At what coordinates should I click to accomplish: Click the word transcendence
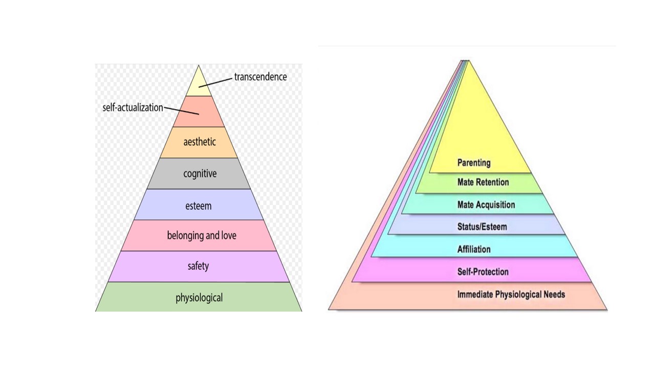[260, 77]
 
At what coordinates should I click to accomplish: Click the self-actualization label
[133, 108]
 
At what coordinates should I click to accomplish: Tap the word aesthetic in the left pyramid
[200, 142]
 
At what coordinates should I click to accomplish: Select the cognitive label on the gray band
[200, 174]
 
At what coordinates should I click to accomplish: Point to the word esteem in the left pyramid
[199, 206]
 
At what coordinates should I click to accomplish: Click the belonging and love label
[202, 236]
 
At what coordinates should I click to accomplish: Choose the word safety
[198, 266]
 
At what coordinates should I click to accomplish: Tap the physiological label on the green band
[199, 298]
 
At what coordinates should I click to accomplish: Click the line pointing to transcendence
[218, 80]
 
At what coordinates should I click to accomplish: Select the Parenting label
[474, 163]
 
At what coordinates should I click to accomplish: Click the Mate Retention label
[483, 182]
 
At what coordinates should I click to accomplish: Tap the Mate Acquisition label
[486, 205]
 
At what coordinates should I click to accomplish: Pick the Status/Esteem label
[482, 227]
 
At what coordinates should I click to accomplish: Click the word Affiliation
[474, 250]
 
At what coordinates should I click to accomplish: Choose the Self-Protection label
[483, 272]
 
